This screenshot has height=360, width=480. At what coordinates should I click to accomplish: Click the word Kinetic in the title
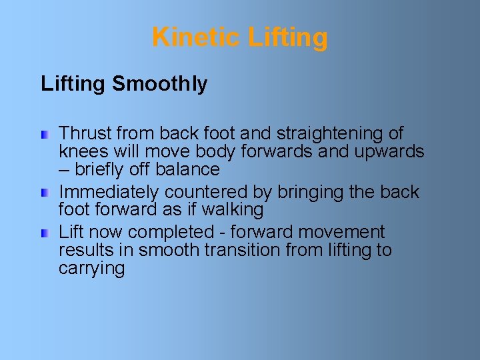(196, 37)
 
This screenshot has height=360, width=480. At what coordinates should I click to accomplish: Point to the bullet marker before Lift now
(44, 233)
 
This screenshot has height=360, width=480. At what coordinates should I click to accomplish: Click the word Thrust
(83, 133)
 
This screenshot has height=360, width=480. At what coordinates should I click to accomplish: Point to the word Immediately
(109, 192)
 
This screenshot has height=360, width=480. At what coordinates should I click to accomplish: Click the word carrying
(91, 269)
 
